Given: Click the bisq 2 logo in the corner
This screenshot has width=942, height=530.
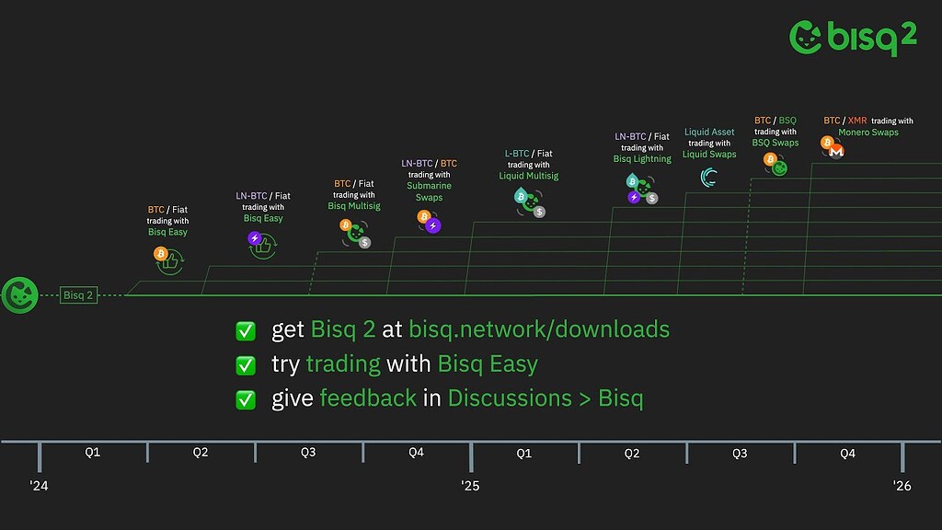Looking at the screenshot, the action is [x=853, y=37].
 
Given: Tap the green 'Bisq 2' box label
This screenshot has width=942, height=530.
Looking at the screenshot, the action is [x=79, y=295].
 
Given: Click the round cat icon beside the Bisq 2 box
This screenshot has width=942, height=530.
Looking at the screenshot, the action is [x=20, y=295].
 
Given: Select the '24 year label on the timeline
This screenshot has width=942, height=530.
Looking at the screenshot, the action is [x=39, y=486].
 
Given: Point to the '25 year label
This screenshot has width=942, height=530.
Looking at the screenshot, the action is [x=470, y=486].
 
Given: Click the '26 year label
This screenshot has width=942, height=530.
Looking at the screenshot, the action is [x=902, y=486].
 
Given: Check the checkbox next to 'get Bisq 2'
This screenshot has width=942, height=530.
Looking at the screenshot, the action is [x=246, y=330].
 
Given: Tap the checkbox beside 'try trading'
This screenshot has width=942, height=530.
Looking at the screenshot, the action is [x=246, y=364].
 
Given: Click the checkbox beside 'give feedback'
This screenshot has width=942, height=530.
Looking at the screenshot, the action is [x=246, y=399].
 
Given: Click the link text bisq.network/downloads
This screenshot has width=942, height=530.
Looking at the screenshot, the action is [x=539, y=329].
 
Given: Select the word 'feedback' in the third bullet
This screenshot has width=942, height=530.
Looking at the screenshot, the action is [x=368, y=397].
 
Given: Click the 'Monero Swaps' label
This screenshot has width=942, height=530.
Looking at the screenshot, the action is [x=868, y=132].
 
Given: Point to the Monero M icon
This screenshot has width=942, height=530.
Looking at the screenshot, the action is [x=836, y=152].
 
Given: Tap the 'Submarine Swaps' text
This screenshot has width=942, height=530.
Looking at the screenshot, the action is [x=429, y=191].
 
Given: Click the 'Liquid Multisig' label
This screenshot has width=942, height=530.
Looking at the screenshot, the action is [x=529, y=176].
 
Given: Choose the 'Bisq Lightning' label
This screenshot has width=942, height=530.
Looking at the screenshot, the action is [x=642, y=159].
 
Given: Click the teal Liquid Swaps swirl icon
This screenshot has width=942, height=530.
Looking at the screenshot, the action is [x=709, y=178].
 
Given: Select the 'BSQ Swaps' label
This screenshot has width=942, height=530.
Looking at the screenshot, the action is [x=775, y=143].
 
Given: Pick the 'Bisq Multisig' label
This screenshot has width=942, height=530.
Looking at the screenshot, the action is [x=354, y=206].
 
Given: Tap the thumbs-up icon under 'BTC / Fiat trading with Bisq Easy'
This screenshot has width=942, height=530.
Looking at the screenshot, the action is [x=170, y=261].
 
